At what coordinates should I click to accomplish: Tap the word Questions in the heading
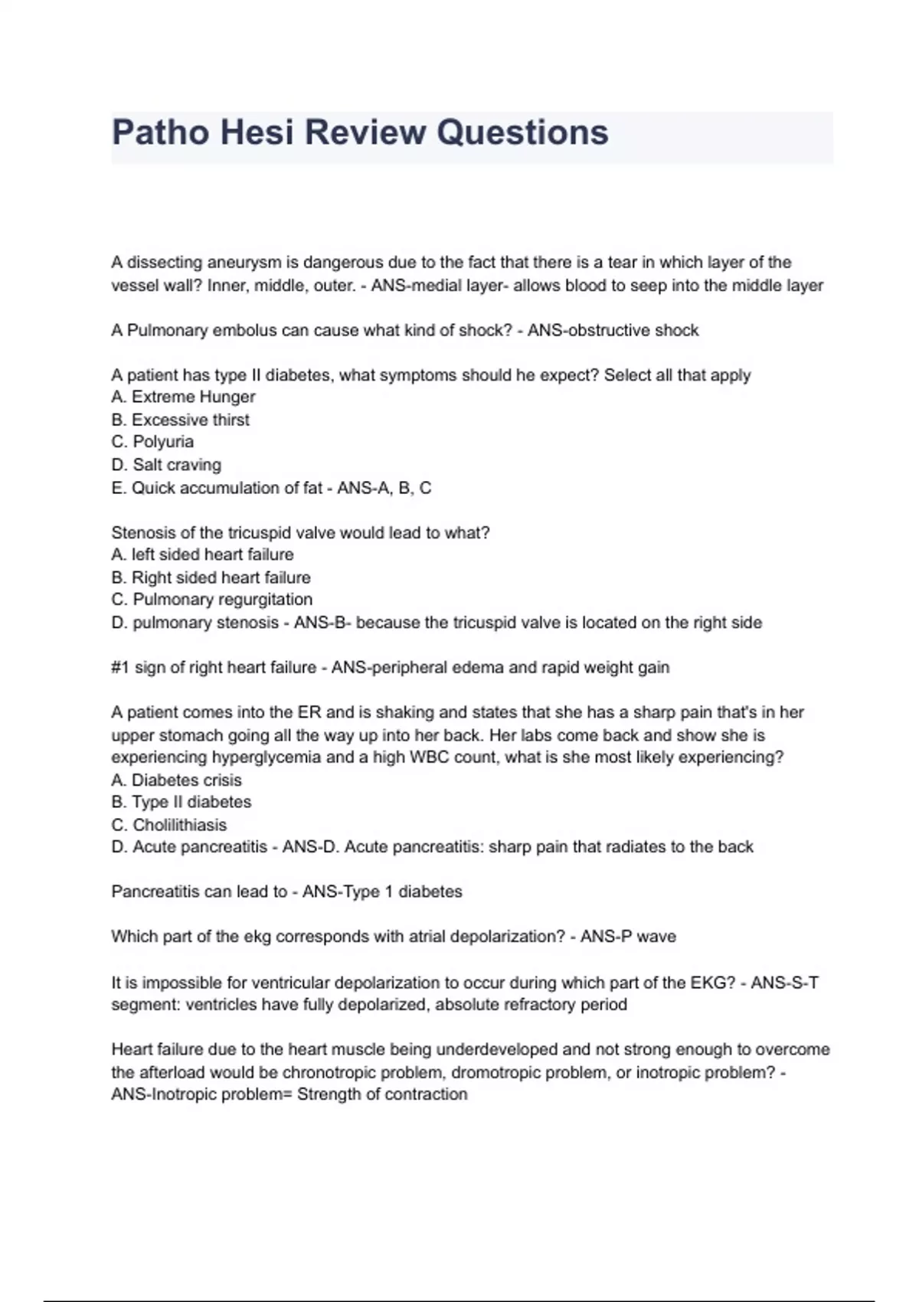point(522,132)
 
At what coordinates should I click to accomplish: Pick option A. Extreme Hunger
point(183,397)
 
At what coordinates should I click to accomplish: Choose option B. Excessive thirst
point(180,420)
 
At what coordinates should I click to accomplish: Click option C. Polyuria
point(152,442)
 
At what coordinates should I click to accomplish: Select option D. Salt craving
point(166,465)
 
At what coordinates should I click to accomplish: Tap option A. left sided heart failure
point(202,554)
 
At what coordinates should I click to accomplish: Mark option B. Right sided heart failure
point(211,577)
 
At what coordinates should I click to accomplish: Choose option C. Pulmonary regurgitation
point(212,600)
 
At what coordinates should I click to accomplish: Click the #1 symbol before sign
point(120,668)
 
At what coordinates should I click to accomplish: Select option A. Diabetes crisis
point(176,780)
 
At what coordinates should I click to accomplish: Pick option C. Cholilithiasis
point(169,825)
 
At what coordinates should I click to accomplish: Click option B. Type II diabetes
point(181,802)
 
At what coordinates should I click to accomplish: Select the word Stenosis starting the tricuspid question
point(141,533)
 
